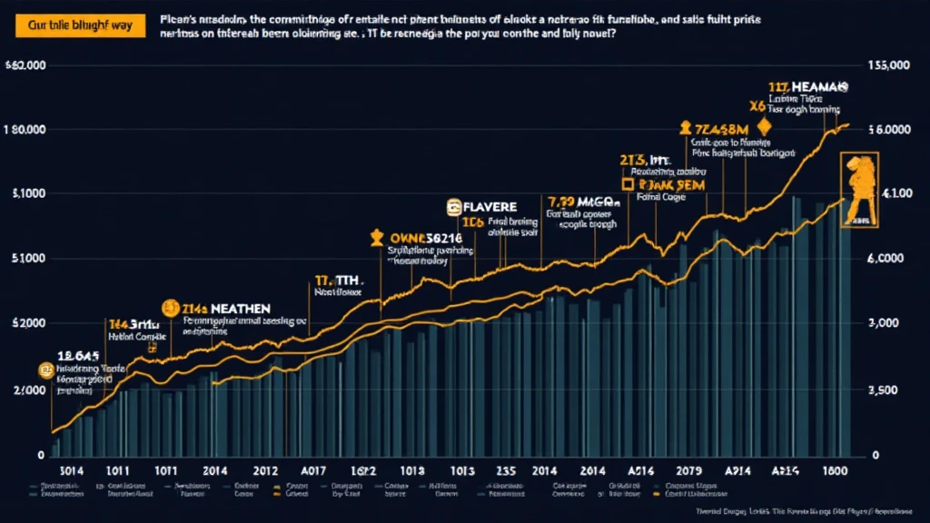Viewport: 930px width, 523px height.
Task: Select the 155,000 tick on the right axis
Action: coord(889,65)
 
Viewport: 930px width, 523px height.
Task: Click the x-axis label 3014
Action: coord(71,472)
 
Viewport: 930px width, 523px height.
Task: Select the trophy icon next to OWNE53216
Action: coord(377,238)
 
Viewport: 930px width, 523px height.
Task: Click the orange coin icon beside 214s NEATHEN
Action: coord(168,309)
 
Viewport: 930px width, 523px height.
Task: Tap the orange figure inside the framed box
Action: coord(860,189)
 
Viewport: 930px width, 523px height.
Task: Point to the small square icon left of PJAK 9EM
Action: coord(627,183)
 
